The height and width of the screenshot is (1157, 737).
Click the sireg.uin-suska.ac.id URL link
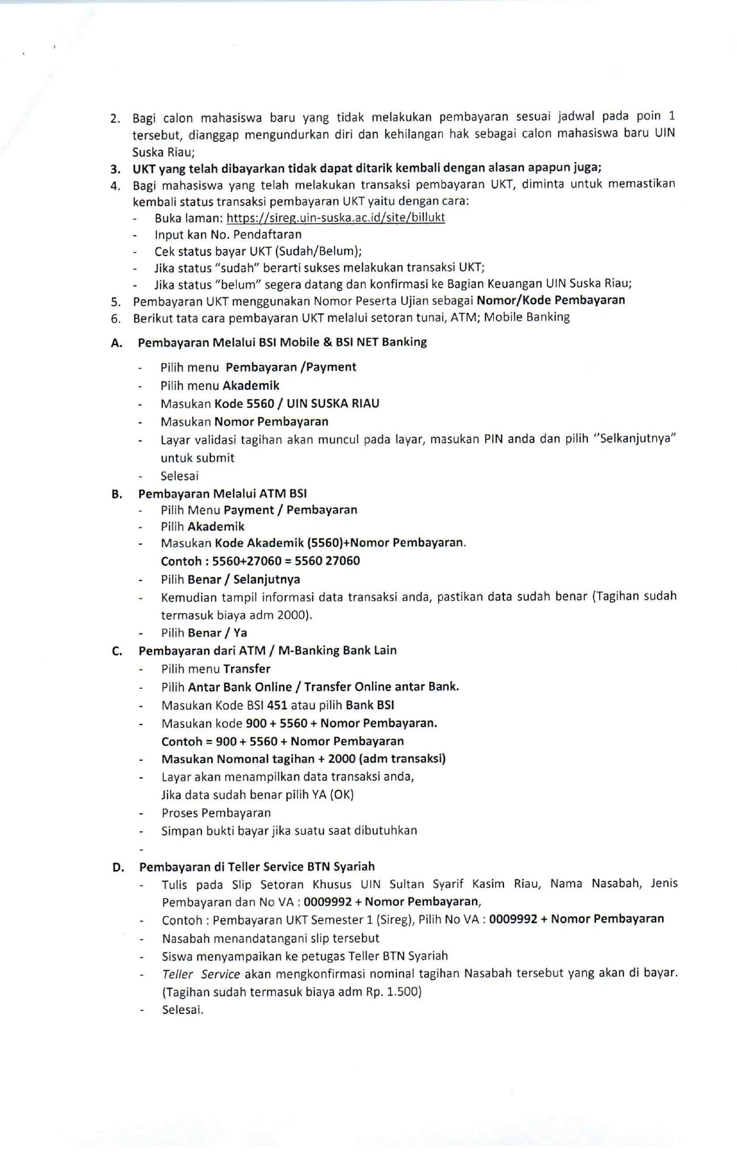(335, 217)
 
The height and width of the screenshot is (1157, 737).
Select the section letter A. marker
(116, 343)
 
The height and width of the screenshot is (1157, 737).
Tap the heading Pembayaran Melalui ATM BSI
(222, 494)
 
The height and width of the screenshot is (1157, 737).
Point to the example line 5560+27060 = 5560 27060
(260, 561)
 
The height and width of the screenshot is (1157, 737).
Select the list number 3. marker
(115, 168)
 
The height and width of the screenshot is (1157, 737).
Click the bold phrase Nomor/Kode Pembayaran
(551, 300)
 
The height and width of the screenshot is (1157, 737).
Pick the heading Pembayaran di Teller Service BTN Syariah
(257, 867)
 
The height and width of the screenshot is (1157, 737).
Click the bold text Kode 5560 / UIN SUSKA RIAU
(297, 403)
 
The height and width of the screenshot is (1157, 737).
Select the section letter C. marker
(117, 651)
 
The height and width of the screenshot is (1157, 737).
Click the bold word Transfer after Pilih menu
(247, 669)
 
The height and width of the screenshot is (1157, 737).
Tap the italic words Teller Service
(201, 974)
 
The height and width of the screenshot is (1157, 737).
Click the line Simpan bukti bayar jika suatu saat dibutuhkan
(289, 830)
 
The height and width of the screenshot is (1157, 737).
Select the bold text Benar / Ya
(218, 633)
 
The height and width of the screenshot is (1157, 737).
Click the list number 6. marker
(116, 318)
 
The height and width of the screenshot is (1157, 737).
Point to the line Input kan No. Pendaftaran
(228, 234)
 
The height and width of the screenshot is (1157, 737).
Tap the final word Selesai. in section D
(182, 1010)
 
